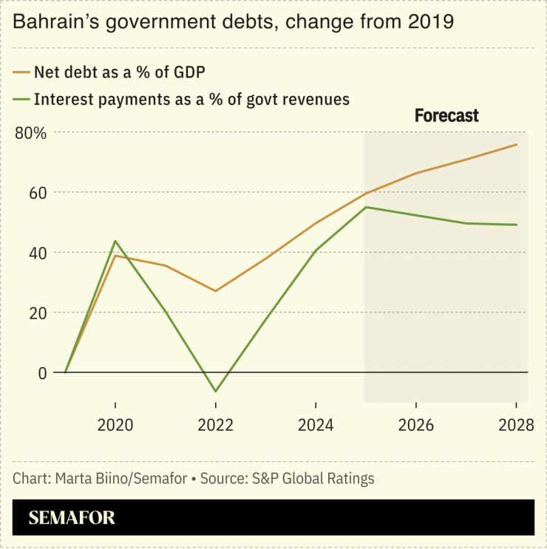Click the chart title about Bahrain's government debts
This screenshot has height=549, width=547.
click(x=233, y=22)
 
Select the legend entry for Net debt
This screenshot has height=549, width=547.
click(x=118, y=72)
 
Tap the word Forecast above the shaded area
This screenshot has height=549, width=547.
click(x=446, y=116)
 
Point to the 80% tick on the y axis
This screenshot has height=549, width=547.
click(x=30, y=133)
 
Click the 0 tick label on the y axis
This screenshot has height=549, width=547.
click(x=42, y=373)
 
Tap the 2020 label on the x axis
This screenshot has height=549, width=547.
click(x=115, y=426)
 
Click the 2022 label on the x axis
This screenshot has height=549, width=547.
click(x=215, y=426)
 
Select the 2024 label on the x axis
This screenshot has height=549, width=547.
click(x=316, y=426)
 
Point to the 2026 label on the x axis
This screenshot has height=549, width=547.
click(x=416, y=426)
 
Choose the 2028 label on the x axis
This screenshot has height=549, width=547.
click(x=516, y=426)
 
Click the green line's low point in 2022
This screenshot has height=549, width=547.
click(x=215, y=391)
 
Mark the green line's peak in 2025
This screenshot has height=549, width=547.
click(x=366, y=207)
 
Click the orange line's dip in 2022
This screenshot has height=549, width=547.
click(x=215, y=291)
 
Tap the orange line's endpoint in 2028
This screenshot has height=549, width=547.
click(x=516, y=145)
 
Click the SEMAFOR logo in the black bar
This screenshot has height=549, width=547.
click(x=72, y=518)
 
